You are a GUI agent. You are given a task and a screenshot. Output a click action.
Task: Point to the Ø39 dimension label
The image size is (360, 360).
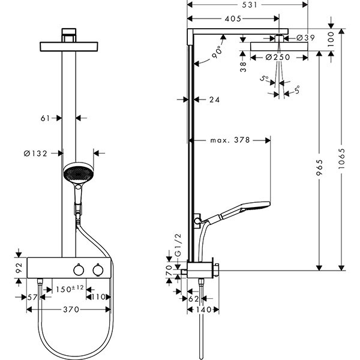[305, 38]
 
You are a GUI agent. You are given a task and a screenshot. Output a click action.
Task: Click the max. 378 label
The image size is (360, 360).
[230, 140]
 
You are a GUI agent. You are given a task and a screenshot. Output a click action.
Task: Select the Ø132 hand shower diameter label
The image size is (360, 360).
[36, 154]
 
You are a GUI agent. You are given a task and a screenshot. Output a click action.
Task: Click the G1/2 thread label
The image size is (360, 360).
[177, 248]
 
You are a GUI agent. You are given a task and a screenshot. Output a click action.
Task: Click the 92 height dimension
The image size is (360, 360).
[18, 265]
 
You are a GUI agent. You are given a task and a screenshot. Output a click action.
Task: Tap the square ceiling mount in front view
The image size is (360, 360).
[70, 33]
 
